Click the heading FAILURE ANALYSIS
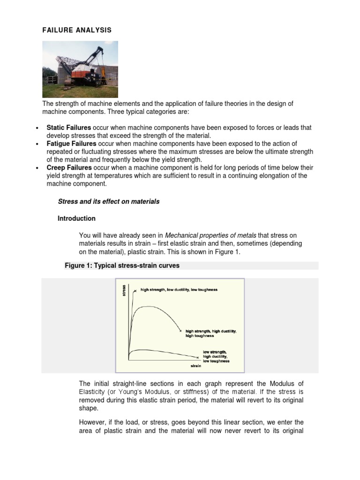tap(77, 30)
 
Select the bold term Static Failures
tap(68, 127)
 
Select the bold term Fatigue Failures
tap(71, 143)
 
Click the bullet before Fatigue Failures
tap(37, 144)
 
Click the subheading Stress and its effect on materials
tap(108, 202)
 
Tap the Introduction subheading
tap(76, 218)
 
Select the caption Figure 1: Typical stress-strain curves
tap(122, 266)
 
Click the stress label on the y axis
tap(124, 291)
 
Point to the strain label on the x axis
tap(195, 365)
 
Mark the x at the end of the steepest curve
tap(135, 291)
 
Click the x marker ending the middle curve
tap(180, 331)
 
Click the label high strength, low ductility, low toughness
tap(179, 290)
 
